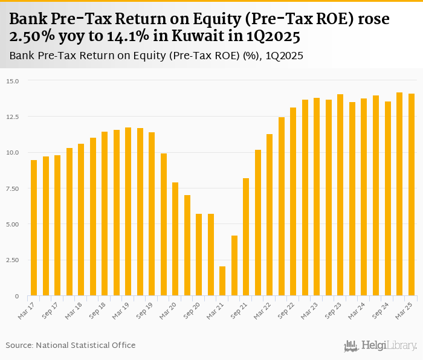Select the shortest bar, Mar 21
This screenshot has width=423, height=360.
pyautogui.click(x=222, y=281)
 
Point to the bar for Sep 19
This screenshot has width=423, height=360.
pyautogui.click(x=152, y=214)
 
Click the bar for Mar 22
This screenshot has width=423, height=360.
pyautogui.click(x=270, y=214)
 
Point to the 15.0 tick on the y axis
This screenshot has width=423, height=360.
pyautogui.click(x=13, y=81)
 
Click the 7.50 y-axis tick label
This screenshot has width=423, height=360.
pyautogui.click(x=13, y=188)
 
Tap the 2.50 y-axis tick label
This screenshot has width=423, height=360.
pyautogui.click(x=13, y=260)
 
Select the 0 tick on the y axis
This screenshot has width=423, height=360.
pyautogui.click(x=17, y=296)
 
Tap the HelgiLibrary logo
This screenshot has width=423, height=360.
pyautogui.click(x=381, y=346)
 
